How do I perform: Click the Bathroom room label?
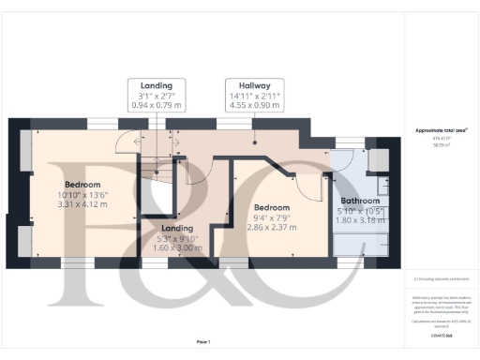click(359, 202)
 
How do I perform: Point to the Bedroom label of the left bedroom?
click(82, 184)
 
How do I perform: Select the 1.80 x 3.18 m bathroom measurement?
click(359, 222)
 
